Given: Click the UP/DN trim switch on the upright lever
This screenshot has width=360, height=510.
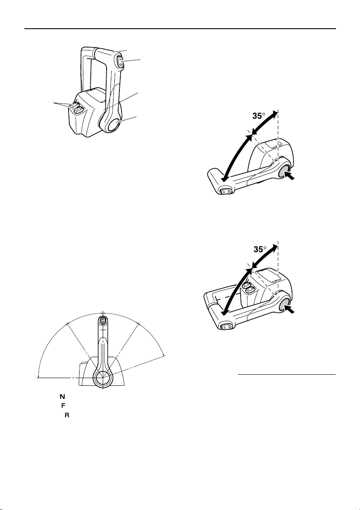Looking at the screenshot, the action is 121,60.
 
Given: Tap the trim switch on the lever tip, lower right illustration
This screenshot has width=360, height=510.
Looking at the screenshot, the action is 225,326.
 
